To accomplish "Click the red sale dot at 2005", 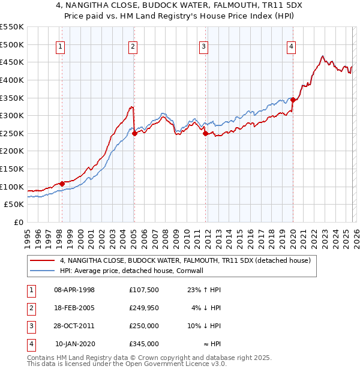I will pyautogui.click(x=134, y=134).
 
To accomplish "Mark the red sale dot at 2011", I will pyautogui.click(x=205, y=134).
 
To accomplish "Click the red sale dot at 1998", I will pyautogui.click(x=62, y=184).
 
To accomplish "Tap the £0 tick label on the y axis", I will pyautogui.click(x=18, y=222).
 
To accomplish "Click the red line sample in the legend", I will pyautogui.click(x=42, y=261).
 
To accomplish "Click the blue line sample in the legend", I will pyautogui.click(x=42, y=271).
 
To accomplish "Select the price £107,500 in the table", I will pyautogui.click(x=144, y=290).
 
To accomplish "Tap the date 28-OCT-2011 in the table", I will pyautogui.click(x=74, y=326).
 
